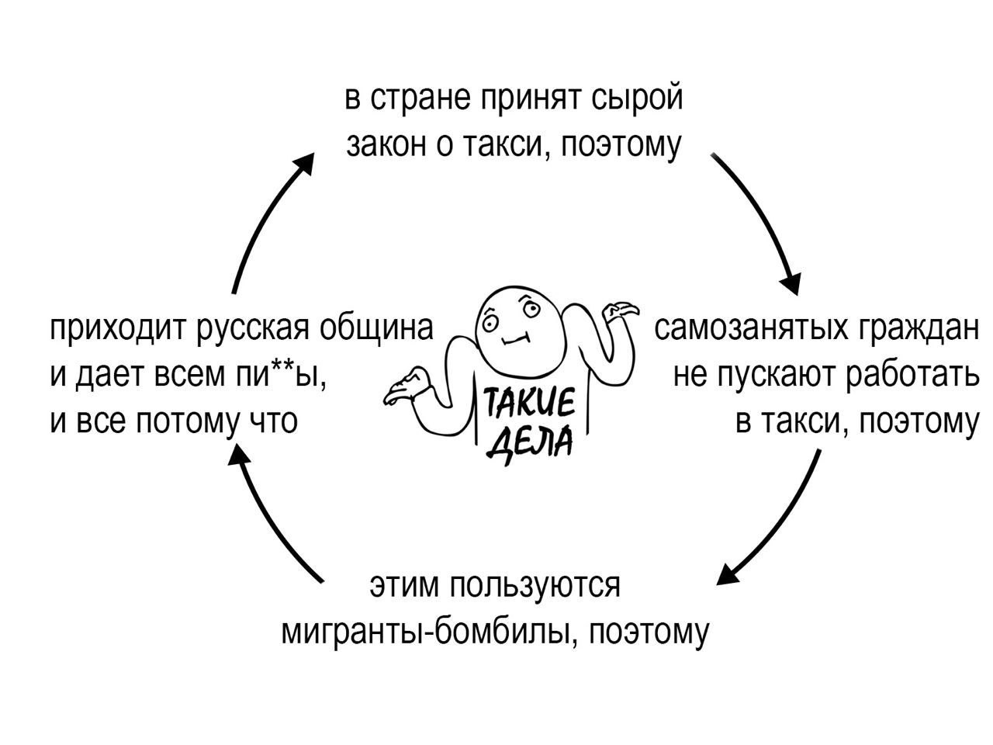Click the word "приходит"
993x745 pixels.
[116, 329]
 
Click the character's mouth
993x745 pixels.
[514, 339]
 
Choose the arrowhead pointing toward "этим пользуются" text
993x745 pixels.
[726, 574]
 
